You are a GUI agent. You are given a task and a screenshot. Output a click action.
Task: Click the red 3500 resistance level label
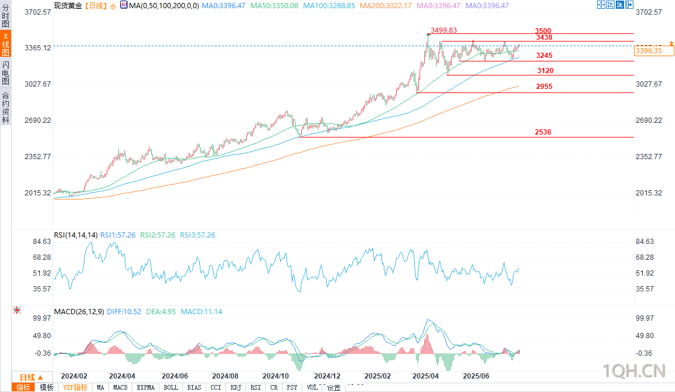pos(543,30)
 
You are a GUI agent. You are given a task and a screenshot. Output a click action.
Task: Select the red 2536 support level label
pos(543,133)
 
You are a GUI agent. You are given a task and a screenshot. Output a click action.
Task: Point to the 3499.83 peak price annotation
pos(444,30)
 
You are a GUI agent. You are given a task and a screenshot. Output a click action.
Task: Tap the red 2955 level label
pos(544,87)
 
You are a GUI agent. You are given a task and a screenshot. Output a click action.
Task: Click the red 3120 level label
pos(545,71)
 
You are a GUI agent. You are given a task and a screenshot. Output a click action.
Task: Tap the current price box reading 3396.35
pos(649,51)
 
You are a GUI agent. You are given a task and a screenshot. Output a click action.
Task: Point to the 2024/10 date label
pos(275,376)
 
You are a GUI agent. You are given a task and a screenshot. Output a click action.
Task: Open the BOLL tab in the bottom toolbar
pos(171,387)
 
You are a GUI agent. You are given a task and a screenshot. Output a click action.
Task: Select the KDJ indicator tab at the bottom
pos(236,387)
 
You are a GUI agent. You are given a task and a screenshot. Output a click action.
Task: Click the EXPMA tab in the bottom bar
pos(145,387)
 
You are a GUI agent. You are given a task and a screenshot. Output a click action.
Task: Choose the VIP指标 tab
pos(75,387)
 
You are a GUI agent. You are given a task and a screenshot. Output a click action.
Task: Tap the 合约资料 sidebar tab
pos(5,108)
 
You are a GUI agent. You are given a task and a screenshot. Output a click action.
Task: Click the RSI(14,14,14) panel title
pos(76,235)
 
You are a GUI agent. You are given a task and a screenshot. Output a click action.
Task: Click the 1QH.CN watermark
pos(634,371)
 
